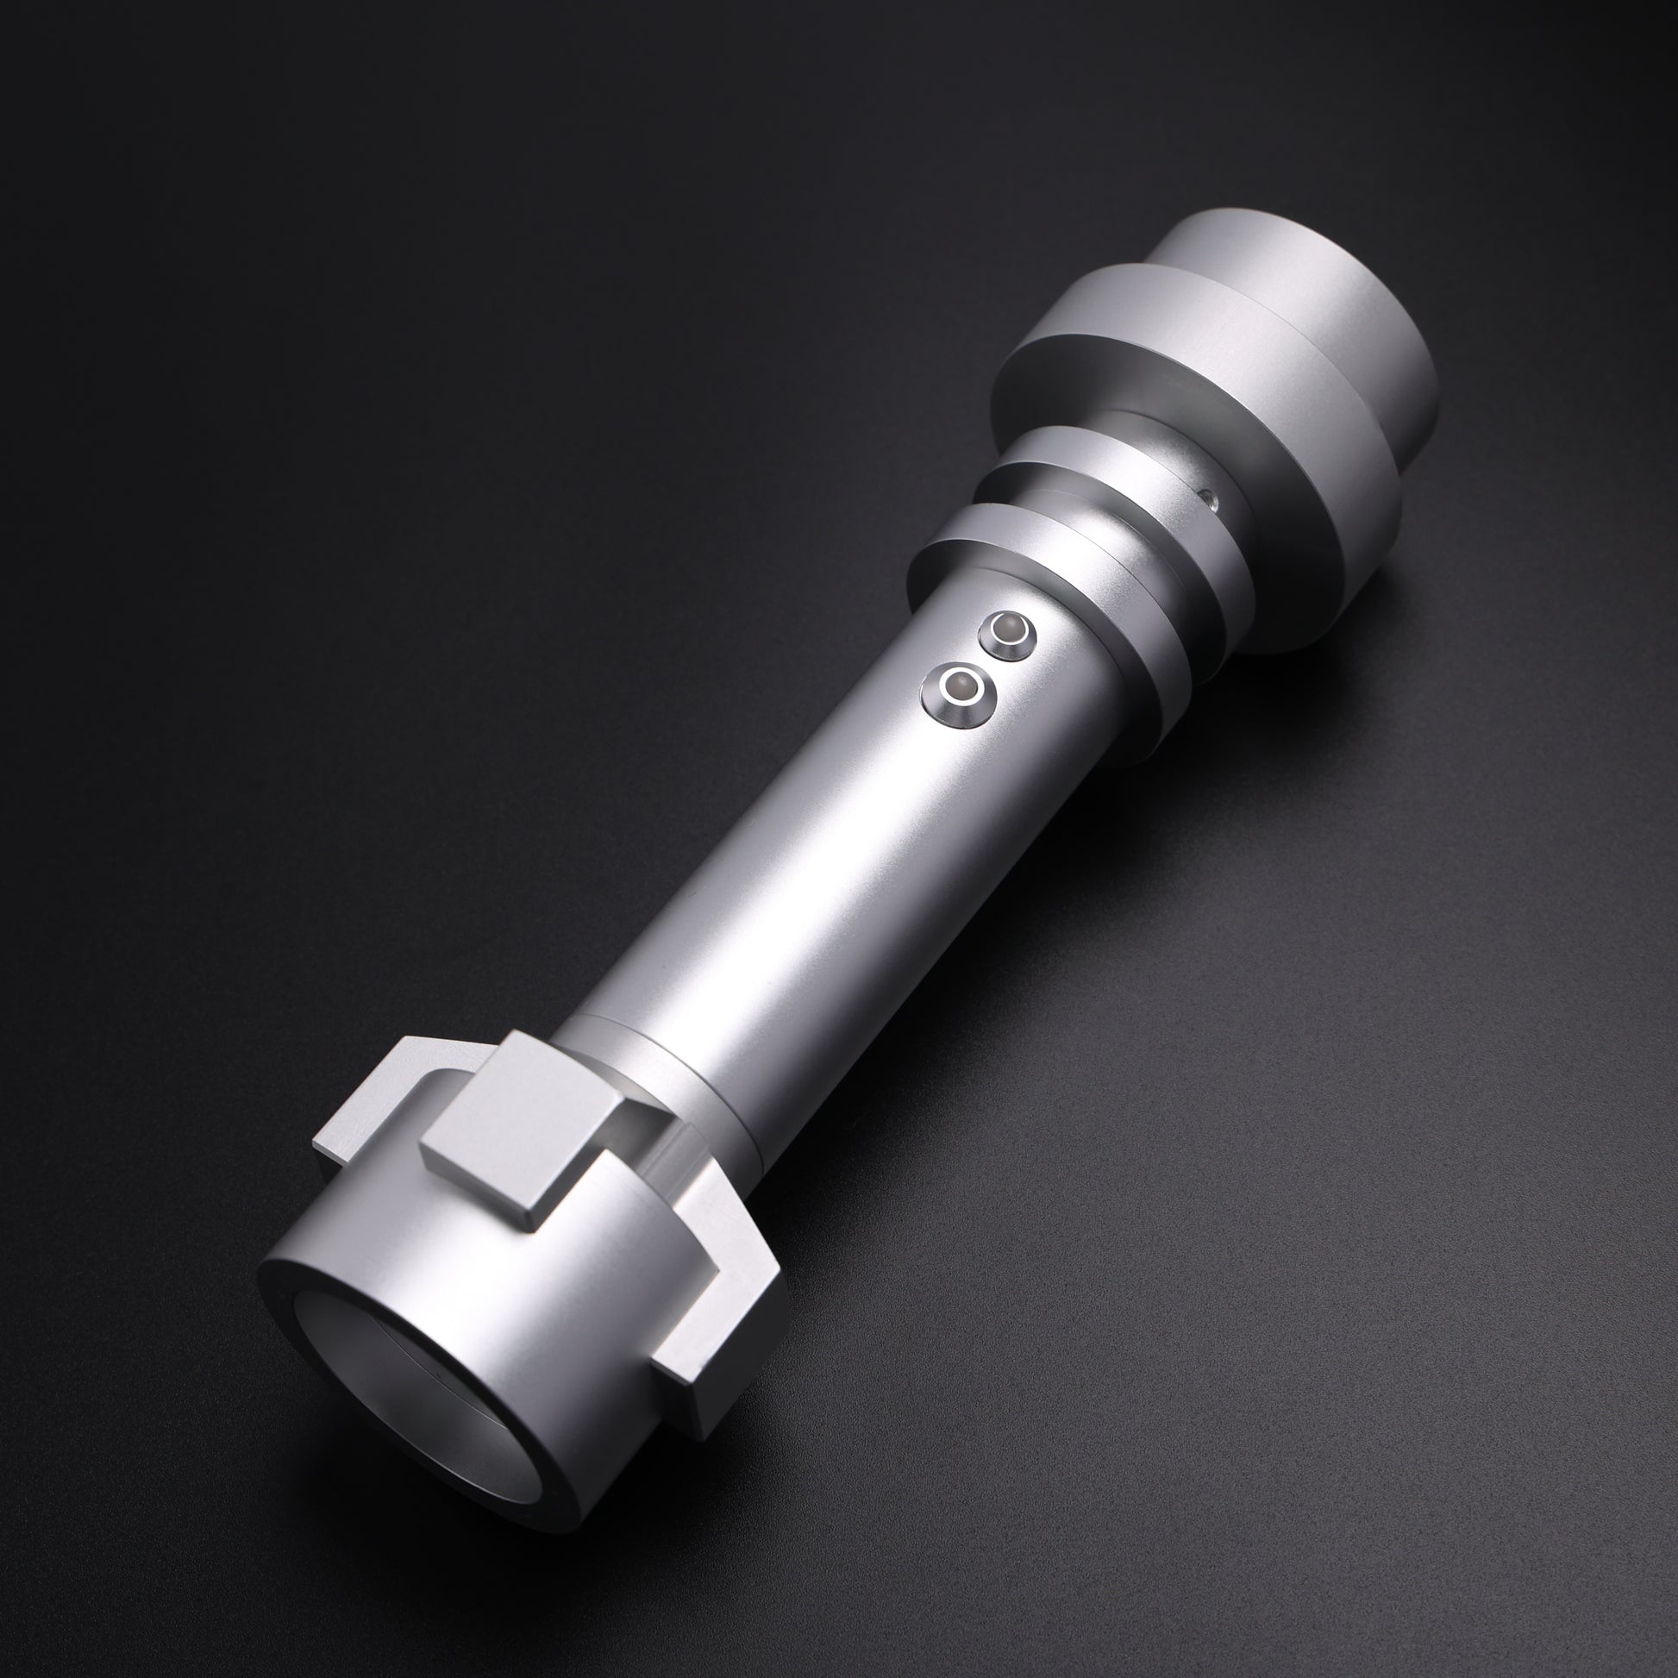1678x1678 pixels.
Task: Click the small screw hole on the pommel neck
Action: coord(1209,498)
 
